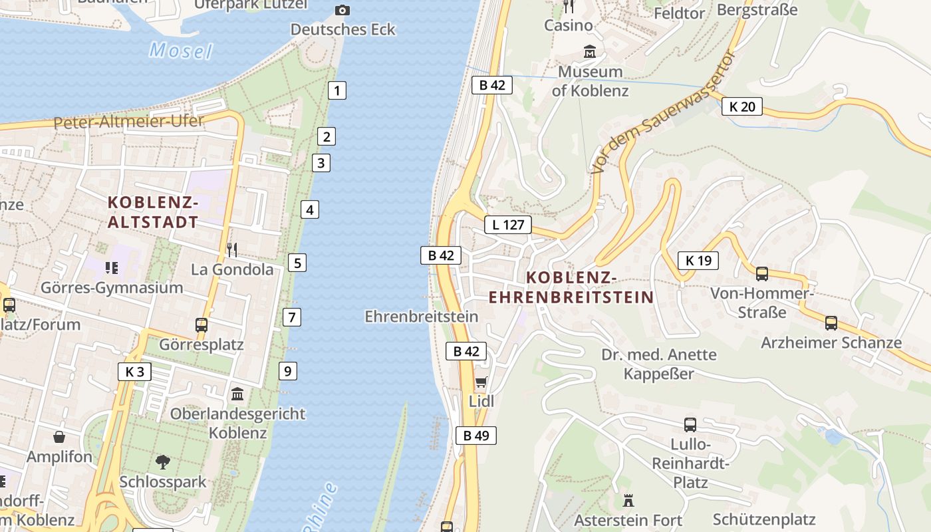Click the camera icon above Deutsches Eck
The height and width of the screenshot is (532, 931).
point(342,10)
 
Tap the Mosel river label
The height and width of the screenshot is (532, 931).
point(180,51)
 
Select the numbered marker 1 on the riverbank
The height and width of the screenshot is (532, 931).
point(337,90)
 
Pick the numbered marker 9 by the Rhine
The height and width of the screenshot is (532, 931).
point(287,371)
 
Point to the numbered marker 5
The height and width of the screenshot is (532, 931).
point(297,263)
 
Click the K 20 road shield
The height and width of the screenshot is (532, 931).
point(741,106)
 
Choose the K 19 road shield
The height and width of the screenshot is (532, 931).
point(698,261)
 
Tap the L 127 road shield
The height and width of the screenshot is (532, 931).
point(508,225)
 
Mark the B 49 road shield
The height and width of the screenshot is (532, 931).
point(475,436)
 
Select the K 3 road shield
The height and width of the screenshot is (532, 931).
point(134,372)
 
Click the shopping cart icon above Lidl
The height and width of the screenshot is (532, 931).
point(481,382)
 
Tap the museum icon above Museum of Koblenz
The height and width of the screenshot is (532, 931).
point(590,51)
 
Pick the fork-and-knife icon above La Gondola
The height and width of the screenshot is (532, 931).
point(232,250)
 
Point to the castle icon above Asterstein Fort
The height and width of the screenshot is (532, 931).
point(628,500)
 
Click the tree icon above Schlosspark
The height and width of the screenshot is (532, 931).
point(162,462)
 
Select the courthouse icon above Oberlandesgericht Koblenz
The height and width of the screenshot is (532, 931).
point(237,394)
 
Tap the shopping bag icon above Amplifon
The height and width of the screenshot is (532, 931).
point(59,437)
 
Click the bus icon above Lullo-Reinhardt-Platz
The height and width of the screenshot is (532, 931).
point(690,424)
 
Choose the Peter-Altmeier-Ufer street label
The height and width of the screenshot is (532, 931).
point(128,122)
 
